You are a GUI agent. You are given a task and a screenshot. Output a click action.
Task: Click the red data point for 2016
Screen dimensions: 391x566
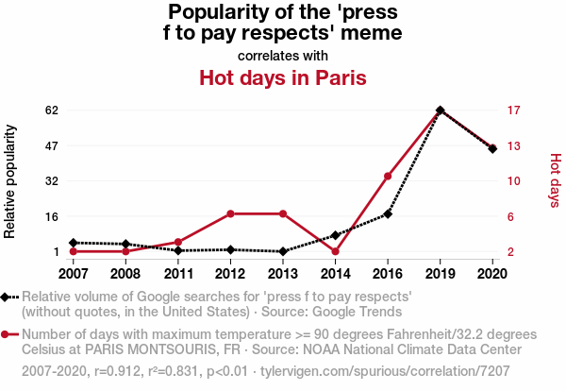[x=388, y=176]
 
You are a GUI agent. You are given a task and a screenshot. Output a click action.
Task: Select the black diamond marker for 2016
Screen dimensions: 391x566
[x=388, y=214]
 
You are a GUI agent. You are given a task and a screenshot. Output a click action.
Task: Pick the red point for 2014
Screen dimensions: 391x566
[x=335, y=251]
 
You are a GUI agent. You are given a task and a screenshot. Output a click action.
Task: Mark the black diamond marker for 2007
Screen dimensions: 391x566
[x=73, y=243]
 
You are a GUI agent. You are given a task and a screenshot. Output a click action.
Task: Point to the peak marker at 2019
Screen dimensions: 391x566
[x=441, y=110]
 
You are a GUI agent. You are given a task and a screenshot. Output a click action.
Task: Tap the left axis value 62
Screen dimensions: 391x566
[x=52, y=110]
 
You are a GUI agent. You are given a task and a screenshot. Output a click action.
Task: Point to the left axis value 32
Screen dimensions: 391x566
[x=52, y=180]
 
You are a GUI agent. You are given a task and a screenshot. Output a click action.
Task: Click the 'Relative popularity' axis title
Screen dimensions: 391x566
[x=11, y=180]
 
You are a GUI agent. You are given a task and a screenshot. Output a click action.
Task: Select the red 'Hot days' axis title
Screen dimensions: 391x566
[x=555, y=180]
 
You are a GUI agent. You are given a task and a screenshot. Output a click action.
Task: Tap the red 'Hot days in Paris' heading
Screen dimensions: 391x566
[x=282, y=76]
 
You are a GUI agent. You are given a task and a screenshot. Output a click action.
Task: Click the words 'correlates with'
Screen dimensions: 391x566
[x=282, y=56]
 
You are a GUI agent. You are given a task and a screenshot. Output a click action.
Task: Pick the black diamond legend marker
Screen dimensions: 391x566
[x=7, y=297]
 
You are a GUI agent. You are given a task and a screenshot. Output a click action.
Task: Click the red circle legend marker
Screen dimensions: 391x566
[x=7, y=334]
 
